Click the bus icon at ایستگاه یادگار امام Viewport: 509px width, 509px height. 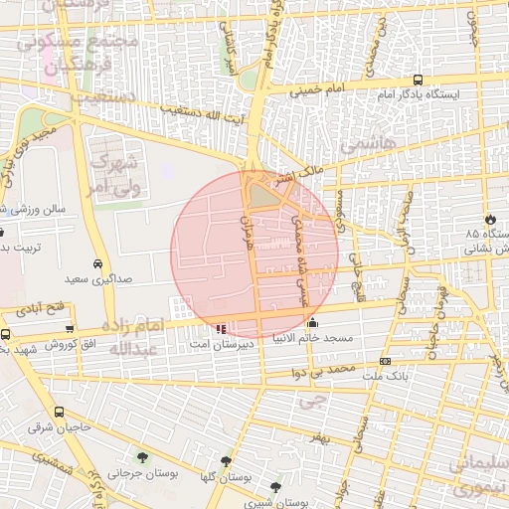tap(418, 80)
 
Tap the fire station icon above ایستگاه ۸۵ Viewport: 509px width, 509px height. tap(489, 219)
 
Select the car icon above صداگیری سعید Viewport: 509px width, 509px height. tap(96, 264)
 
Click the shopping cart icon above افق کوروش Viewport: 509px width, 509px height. tap(69, 329)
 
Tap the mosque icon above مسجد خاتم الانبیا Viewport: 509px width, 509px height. tap(313, 322)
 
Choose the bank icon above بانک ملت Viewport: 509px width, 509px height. tap(386, 361)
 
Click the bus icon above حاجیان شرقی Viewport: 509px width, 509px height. tap(60, 412)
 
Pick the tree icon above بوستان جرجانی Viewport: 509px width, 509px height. tap(145, 458)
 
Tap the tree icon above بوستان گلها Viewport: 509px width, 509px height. tap(226, 462)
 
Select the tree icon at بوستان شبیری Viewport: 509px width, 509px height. tap(275, 487)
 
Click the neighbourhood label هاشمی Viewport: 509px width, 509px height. tap(367, 146)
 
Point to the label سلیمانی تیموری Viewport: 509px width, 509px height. tap(477, 476)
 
